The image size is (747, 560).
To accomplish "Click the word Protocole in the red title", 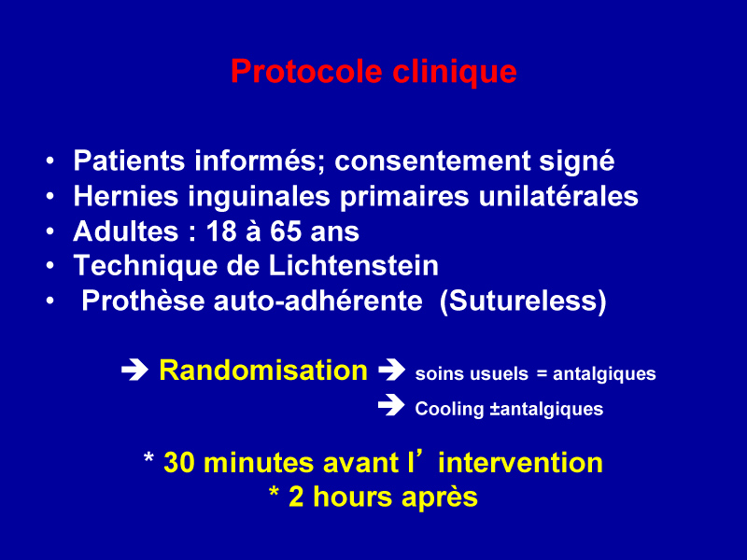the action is pyautogui.click(x=306, y=72).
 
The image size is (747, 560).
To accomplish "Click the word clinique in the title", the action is pyautogui.click(x=455, y=72).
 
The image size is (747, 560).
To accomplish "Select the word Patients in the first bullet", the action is pyautogui.click(x=129, y=161).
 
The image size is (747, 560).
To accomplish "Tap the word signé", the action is pyautogui.click(x=576, y=161).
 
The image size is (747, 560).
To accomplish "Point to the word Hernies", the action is pyautogui.click(x=126, y=196).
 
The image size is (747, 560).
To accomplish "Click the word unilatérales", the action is pyautogui.click(x=557, y=196).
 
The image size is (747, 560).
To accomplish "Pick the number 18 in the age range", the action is pyautogui.click(x=221, y=231).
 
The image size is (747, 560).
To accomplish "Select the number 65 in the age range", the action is pyautogui.click(x=286, y=231).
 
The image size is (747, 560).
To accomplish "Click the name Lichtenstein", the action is pyautogui.click(x=354, y=265).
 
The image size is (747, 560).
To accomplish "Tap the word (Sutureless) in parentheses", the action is pyautogui.click(x=523, y=301).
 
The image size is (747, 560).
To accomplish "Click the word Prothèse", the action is pyautogui.click(x=143, y=301).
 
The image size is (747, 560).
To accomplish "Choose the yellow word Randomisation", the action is pyautogui.click(x=263, y=370).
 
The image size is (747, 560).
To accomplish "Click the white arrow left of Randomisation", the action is pyautogui.click(x=134, y=370).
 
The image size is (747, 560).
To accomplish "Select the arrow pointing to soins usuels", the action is pyautogui.click(x=391, y=370).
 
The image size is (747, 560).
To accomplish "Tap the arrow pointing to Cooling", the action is pyautogui.click(x=391, y=405).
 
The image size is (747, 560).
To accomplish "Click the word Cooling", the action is pyautogui.click(x=449, y=409).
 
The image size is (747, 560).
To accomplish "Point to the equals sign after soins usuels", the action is pyautogui.click(x=542, y=374).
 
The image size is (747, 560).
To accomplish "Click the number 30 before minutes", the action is pyautogui.click(x=178, y=462).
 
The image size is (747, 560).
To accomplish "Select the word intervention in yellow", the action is pyautogui.click(x=520, y=462).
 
